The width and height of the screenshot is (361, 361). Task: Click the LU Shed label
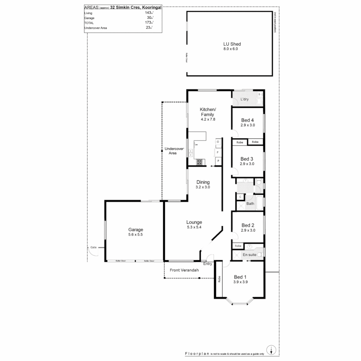tap(232, 44)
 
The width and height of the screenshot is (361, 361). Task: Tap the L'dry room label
tap(244, 99)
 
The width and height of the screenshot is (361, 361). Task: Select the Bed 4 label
tap(247, 120)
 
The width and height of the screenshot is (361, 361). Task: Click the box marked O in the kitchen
tap(218, 142)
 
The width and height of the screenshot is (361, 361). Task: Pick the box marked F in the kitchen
tap(218, 152)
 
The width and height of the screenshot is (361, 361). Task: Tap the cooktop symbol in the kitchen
tap(199, 162)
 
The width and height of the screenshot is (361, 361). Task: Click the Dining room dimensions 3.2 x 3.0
tap(203, 187)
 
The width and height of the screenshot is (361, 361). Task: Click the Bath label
tap(250, 203)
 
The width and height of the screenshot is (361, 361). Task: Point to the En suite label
tap(249, 255)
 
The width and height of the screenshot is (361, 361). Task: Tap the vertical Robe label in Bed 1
tap(219, 278)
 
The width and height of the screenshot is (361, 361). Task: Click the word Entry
tap(208, 264)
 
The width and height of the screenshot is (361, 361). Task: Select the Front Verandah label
tap(185, 270)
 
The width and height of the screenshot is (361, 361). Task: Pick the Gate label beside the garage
tap(93, 248)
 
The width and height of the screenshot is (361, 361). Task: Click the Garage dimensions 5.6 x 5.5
tap(136, 235)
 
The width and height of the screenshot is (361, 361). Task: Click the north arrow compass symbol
tap(272, 350)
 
